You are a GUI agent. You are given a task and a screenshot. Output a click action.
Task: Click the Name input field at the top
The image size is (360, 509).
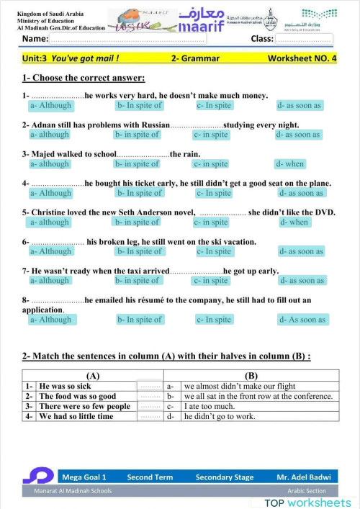tap(137, 39)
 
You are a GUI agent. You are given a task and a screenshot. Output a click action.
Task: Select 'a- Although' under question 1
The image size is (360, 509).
tap(50, 105)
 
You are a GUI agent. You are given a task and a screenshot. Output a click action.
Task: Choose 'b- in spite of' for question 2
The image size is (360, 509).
tap(137, 135)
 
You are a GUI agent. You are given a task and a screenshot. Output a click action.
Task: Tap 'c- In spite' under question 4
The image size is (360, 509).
tap(214, 193)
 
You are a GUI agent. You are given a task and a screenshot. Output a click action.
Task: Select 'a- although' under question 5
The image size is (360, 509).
tap(50, 222)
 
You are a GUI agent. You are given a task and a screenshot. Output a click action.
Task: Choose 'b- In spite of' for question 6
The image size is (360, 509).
tap(140, 251)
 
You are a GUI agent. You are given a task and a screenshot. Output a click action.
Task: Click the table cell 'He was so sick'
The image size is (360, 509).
tap(65, 387)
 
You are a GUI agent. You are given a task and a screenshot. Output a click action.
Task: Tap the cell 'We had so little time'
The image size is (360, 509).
tap(76, 416)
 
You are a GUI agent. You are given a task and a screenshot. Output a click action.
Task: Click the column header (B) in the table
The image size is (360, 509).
tap(251, 376)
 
